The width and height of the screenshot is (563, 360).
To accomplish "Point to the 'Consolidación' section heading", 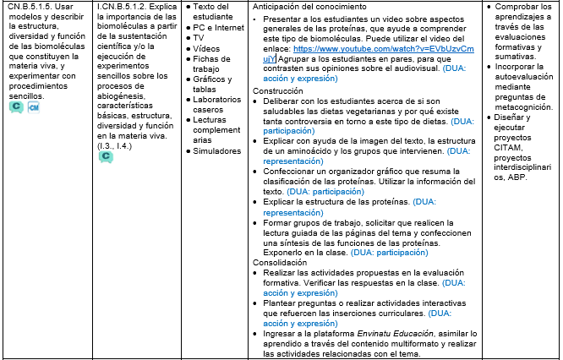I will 282,262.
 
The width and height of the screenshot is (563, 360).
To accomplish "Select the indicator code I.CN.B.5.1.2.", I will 125,7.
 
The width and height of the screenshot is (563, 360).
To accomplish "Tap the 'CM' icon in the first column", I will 35,108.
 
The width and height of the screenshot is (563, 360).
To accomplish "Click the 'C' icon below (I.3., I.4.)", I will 107,156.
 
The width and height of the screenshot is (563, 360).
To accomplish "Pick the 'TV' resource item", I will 200,38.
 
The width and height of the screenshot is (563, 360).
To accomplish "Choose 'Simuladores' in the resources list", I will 217,150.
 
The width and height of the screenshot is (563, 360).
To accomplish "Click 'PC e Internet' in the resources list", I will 224,28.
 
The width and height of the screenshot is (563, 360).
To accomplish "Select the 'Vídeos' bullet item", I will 206,49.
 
